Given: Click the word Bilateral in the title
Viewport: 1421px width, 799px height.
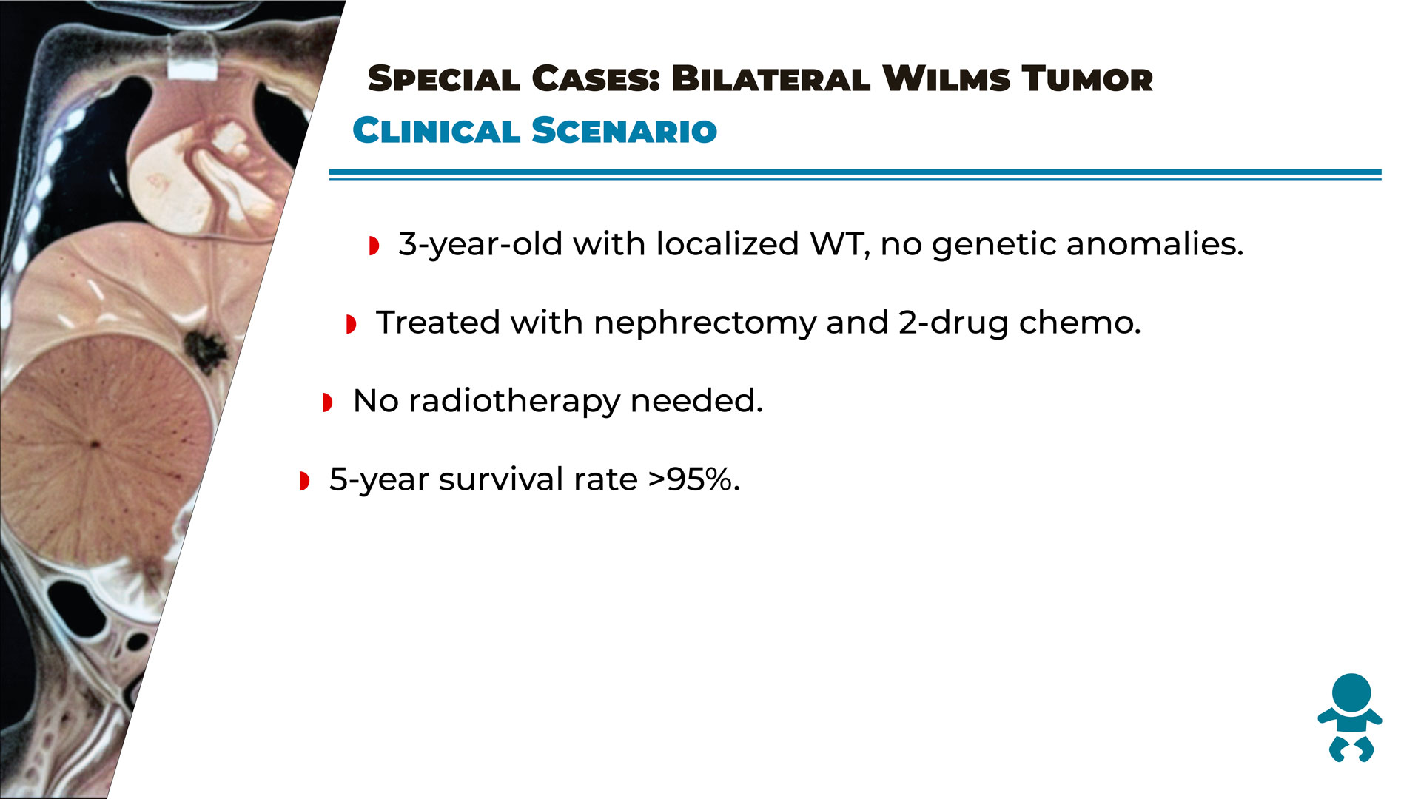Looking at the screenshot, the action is (x=770, y=79).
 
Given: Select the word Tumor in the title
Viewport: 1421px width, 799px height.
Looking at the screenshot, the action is (x=1087, y=79).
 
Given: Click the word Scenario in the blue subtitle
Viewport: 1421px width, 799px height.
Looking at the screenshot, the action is (x=625, y=131).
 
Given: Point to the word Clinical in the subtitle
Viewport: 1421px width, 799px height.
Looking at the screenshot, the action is (x=437, y=131).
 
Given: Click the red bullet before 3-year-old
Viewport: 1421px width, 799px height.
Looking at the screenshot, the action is (x=374, y=246).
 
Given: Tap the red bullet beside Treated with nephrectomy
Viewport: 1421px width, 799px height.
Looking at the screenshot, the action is (x=351, y=324).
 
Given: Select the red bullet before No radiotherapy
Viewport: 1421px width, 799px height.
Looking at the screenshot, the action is (x=328, y=402).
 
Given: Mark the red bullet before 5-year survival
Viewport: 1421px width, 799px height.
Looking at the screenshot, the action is (x=304, y=481).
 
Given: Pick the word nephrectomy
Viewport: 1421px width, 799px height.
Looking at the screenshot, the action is (x=705, y=323).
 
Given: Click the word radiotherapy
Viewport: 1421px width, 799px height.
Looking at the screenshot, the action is (x=514, y=401).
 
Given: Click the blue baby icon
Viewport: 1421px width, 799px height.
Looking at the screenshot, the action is (x=1350, y=718).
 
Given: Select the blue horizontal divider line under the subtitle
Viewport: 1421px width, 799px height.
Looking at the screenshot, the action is (x=855, y=175).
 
